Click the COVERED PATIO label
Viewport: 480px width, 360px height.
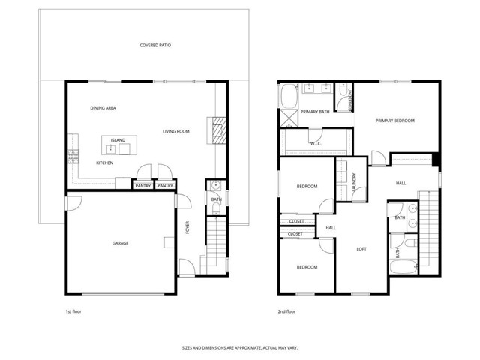[155, 46]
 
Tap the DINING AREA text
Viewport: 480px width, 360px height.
[103, 108]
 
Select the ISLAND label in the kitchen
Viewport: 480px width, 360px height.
[118, 140]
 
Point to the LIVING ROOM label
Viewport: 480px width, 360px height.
[175, 131]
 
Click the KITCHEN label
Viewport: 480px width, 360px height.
[104, 163]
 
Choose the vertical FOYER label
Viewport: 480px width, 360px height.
[187, 226]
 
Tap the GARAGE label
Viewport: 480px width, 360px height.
[120, 243]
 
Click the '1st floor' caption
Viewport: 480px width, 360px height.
[74, 311]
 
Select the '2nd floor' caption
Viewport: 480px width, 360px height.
[286, 311]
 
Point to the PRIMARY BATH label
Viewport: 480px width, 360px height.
[315, 112]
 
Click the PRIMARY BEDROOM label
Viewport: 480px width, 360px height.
[395, 120]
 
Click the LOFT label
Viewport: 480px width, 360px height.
[361, 249]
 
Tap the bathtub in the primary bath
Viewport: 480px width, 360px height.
[288, 95]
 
